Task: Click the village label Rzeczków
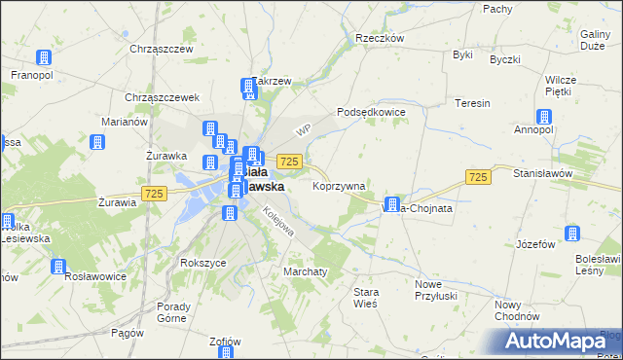point(380,38)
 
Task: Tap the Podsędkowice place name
point(371,112)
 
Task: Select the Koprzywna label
point(339,185)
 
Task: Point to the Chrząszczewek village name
point(163,97)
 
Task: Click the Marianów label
point(124,122)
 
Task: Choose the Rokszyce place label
point(203,263)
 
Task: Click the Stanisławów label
point(568,172)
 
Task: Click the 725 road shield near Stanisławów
point(477,176)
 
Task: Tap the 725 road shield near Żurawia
point(152,195)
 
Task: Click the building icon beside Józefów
point(572,234)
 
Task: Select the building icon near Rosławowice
point(58,266)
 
